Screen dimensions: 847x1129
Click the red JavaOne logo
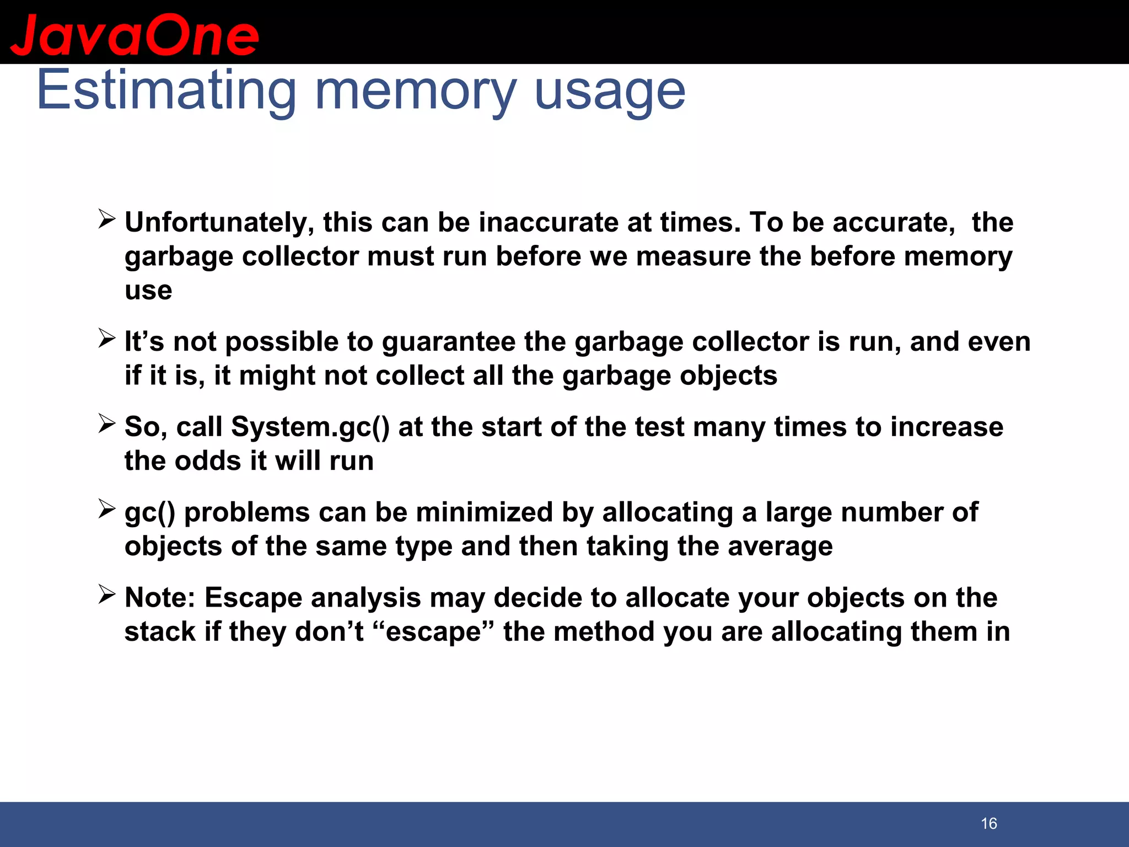pyautogui.click(x=135, y=35)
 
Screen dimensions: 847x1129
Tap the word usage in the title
pyautogui.click(x=610, y=90)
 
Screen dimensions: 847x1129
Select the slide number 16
pyautogui.click(x=989, y=823)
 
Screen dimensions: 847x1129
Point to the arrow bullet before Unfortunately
pyautogui.click(x=106, y=219)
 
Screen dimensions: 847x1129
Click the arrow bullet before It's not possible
pyautogui.click(x=106, y=338)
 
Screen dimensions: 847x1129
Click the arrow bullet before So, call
pyautogui.click(x=106, y=423)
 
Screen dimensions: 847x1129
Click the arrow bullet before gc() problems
pyautogui.click(x=106, y=508)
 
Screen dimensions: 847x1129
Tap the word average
pyautogui.click(x=780, y=546)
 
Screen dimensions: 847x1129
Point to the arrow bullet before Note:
pyautogui.click(x=106, y=594)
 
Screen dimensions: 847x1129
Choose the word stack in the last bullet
pyautogui.click(x=160, y=631)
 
